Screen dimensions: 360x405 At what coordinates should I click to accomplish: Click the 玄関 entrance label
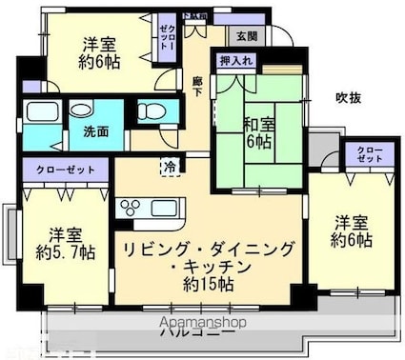click(246, 36)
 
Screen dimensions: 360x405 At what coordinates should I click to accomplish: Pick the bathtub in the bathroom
click(44, 111)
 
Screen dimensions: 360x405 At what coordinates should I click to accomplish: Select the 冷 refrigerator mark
click(170, 166)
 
